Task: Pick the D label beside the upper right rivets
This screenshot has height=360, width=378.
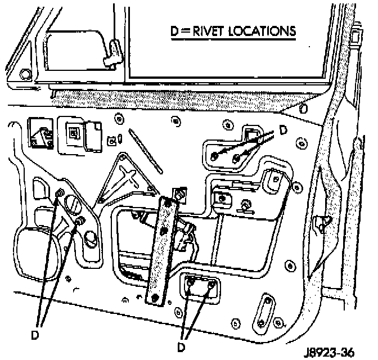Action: click(x=283, y=130)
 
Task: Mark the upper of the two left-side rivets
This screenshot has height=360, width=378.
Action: click(x=60, y=194)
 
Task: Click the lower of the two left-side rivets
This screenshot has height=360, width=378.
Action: click(x=79, y=220)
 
